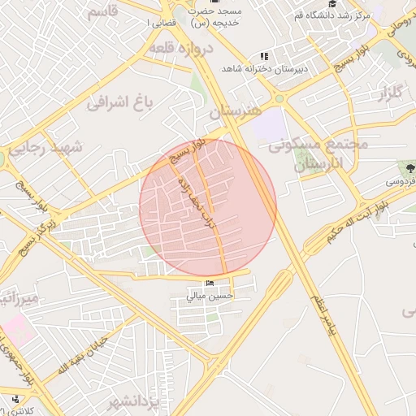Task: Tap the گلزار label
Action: coord(388,91)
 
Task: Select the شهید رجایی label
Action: coord(45,148)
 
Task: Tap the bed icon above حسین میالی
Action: coord(210,284)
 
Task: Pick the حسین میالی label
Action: coord(210,297)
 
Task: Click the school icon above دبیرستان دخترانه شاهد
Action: coord(264,56)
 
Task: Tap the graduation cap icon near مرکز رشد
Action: coord(331,4)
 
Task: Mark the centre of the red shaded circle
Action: coord(208,208)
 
